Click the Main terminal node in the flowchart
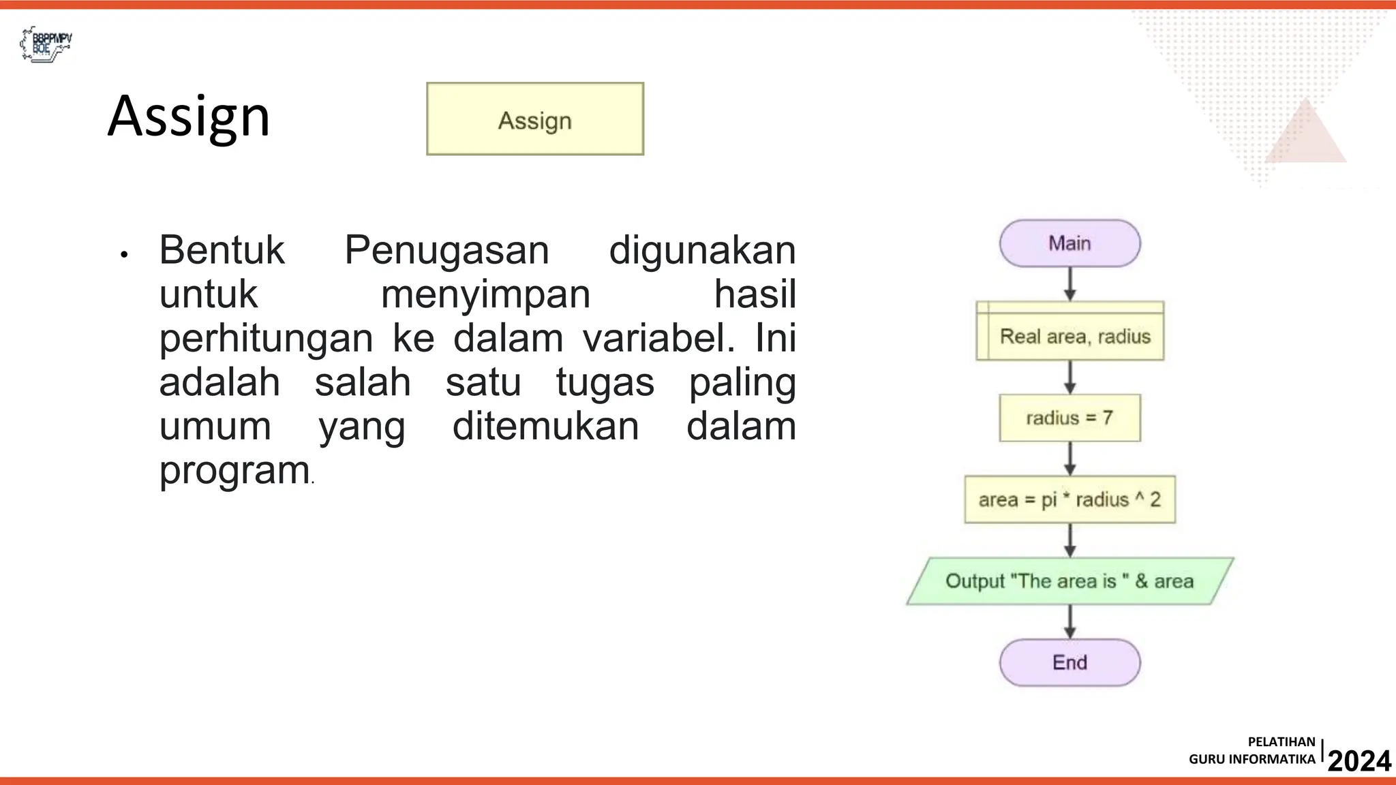tap(1069, 243)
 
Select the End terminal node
tap(1069, 662)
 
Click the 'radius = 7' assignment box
tap(1069, 418)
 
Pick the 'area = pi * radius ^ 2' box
tap(1069, 499)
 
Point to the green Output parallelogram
tap(1069, 581)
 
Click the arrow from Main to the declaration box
tap(1070, 283)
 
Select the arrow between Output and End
tap(1070, 621)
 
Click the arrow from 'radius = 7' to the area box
tap(1070, 458)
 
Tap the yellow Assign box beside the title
tap(535, 119)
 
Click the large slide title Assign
tap(189, 116)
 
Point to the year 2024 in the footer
tap(1359, 760)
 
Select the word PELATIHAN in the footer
tap(1281, 742)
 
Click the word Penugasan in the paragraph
tap(446, 250)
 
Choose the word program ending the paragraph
tap(234, 470)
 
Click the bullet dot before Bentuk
tap(123, 256)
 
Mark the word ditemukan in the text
tap(546, 427)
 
